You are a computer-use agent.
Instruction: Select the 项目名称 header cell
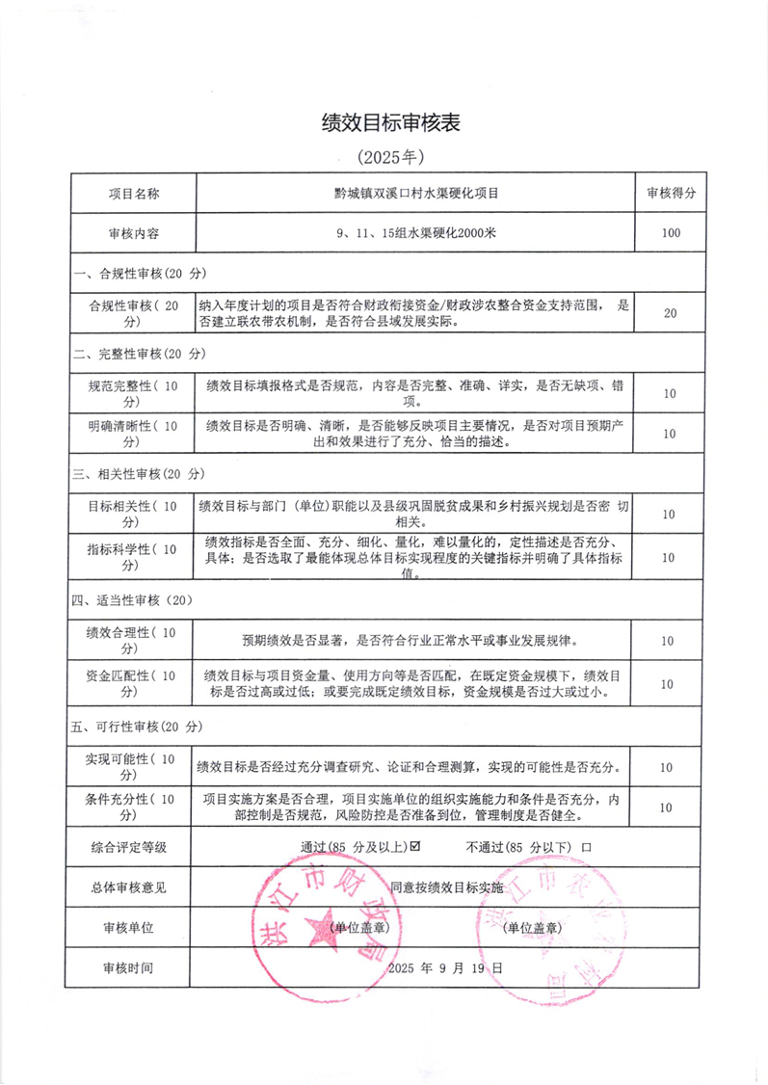133,194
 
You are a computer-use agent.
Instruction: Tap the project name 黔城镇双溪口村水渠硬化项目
415,194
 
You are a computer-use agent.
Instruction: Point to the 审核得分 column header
671,194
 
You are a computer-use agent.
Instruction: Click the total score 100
671,233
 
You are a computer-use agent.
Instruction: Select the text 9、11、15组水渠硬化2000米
415,233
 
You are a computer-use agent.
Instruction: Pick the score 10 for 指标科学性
671,558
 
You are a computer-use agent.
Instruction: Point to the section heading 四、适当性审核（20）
134,599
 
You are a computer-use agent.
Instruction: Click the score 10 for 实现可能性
671,768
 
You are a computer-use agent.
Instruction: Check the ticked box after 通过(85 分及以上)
415,848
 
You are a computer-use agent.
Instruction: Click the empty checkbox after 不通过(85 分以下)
586,848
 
